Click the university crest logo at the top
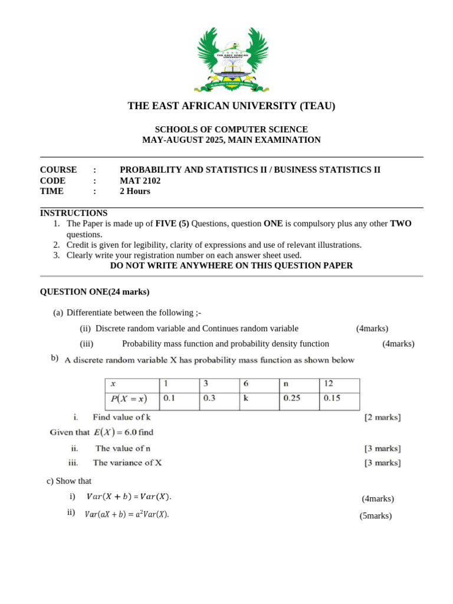(x=232, y=59)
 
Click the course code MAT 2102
(x=140, y=180)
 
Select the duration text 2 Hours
(x=135, y=191)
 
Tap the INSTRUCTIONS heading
(x=74, y=213)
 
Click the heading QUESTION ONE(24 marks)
(x=94, y=291)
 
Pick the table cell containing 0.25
(x=298, y=398)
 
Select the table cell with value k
(x=259, y=398)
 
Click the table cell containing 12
(x=339, y=383)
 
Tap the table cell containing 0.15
(x=339, y=398)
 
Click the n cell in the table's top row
(x=298, y=383)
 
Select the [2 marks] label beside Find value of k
(x=382, y=418)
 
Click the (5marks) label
(x=376, y=516)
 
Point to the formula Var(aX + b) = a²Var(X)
(x=127, y=514)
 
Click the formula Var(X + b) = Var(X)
(x=129, y=497)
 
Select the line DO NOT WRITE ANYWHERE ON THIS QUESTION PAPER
(x=231, y=265)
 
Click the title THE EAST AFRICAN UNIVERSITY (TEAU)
(x=231, y=106)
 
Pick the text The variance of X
(x=127, y=463)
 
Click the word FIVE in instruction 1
(x=166, y=224)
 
